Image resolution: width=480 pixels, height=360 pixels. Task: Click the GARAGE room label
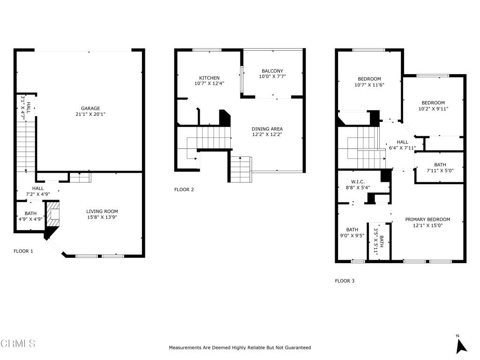click(90, 108)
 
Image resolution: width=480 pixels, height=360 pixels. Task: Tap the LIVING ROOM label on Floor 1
click(102, 211)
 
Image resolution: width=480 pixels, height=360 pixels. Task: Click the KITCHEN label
click(210, 78)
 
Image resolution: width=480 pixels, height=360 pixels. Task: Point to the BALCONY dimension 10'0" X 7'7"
click(272, 76)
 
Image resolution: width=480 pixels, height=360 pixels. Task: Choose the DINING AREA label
click(267, 129)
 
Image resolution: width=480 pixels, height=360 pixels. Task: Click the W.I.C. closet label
click(358, 182)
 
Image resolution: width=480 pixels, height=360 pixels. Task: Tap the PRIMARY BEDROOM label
click(427, 219)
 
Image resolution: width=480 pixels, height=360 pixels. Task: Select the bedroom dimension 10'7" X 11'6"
click(369, 85)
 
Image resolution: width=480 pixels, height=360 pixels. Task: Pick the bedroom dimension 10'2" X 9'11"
click(433, 109)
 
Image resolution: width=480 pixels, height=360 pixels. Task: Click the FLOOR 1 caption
click(23, 251)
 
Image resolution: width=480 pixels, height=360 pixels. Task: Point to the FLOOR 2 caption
click(184, 190)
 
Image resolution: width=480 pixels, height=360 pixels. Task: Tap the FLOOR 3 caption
click(345, 281)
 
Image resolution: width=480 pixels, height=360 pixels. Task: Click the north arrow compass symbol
click(461, 346)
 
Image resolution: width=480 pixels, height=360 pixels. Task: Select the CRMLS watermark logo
click(18, 344)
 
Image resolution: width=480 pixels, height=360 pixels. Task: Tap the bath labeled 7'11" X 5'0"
click(440, 168)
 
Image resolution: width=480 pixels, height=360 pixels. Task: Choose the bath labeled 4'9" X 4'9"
click(30, 217)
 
